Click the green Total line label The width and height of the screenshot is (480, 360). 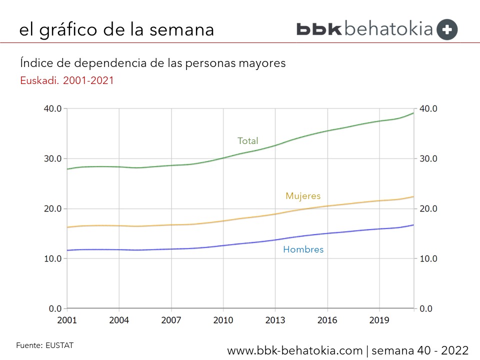247,141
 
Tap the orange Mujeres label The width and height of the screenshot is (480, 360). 303,196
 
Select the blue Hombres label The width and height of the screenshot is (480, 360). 303,249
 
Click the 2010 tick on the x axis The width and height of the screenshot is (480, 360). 223,320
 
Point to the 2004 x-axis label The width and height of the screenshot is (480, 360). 119,320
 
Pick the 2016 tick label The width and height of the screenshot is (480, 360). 327,320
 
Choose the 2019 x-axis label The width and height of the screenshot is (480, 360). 379,320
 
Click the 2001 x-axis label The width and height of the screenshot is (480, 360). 67,320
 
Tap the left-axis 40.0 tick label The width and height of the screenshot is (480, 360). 52,108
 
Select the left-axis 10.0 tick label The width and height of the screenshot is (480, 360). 52,258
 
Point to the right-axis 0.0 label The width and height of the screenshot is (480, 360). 425,308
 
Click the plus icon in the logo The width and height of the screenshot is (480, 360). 446,29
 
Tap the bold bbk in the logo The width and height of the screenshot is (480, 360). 318,29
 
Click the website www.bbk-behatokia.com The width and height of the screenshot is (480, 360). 294,350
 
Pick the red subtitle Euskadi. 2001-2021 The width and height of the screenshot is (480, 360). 67,80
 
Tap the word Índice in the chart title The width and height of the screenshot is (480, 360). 35,63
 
